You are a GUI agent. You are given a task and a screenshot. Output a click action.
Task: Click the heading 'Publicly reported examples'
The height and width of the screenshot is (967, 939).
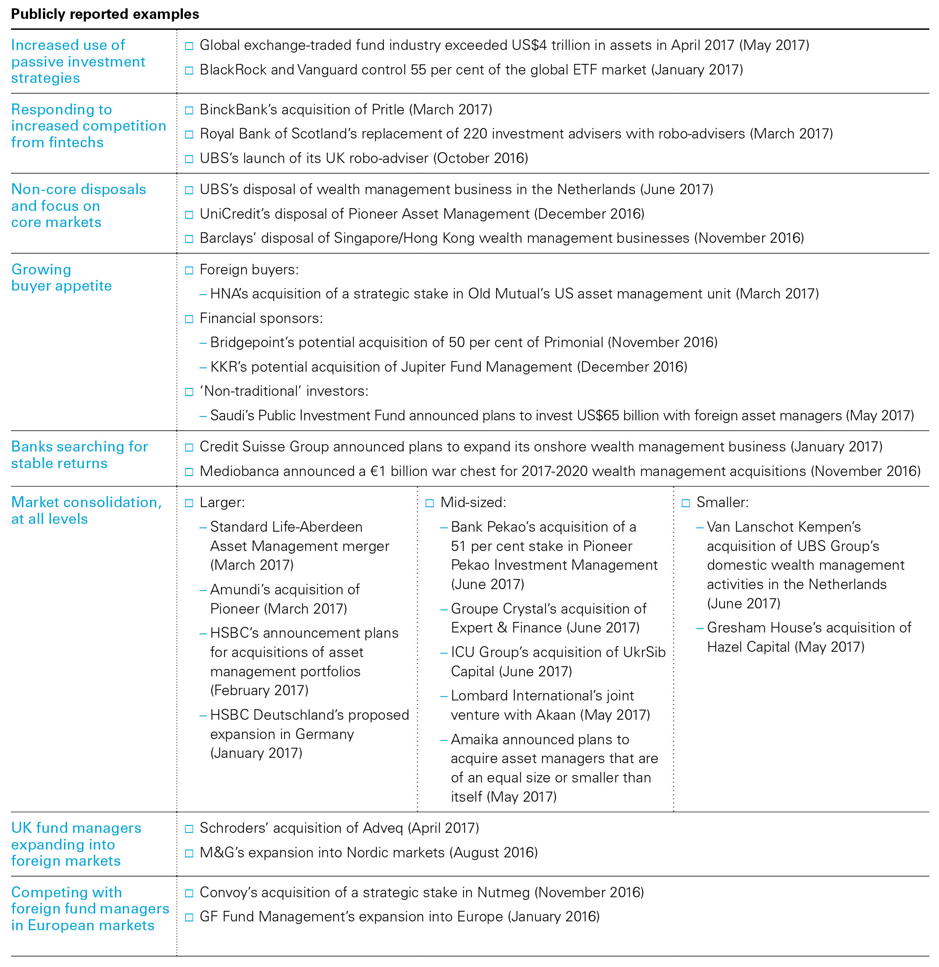(x=105, y=14)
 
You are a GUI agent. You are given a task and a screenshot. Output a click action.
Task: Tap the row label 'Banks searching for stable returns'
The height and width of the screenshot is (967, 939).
(x=79, y=455)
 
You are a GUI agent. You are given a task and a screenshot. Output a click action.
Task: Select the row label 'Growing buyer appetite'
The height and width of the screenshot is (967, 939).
(x=61, y=277)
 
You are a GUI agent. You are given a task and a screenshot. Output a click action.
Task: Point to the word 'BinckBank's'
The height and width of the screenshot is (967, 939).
(x=238, y=110)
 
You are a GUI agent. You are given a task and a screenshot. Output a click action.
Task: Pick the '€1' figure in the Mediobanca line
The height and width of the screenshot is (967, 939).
(x=378, y=471)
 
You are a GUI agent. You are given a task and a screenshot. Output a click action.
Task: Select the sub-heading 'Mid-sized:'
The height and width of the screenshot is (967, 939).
(x=473, y=502)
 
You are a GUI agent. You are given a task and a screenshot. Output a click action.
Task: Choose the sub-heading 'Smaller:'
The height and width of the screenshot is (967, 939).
(x=722, y=502)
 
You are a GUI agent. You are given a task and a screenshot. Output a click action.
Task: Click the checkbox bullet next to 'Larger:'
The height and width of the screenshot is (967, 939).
(x=189, y=503)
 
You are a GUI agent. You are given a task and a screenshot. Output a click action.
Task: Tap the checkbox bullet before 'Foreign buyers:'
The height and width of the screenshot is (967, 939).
(x=189, y=270)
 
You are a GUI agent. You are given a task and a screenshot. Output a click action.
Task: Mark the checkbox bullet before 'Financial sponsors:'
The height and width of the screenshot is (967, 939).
(x=189, y=319)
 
